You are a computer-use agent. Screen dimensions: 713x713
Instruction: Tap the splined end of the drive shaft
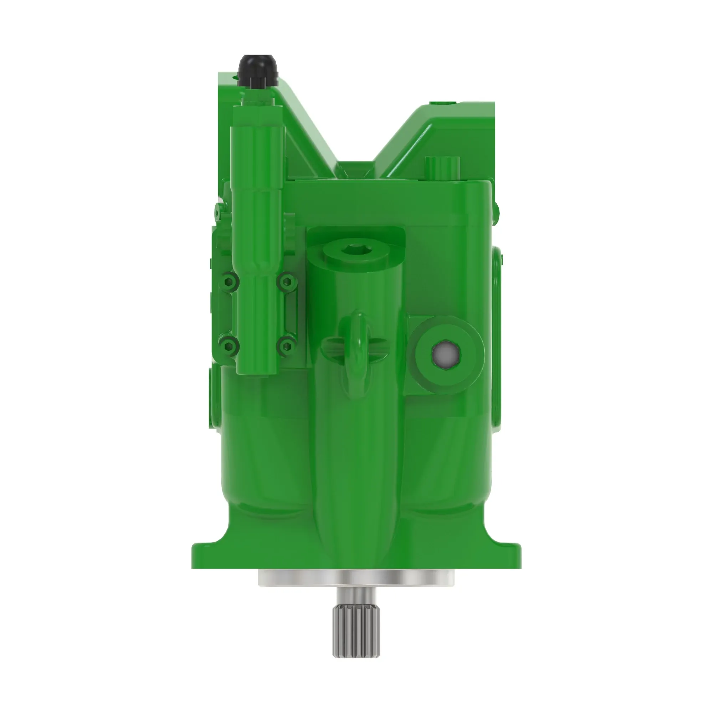coord(356,635)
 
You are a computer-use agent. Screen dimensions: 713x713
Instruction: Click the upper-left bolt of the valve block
coord(231,282)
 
